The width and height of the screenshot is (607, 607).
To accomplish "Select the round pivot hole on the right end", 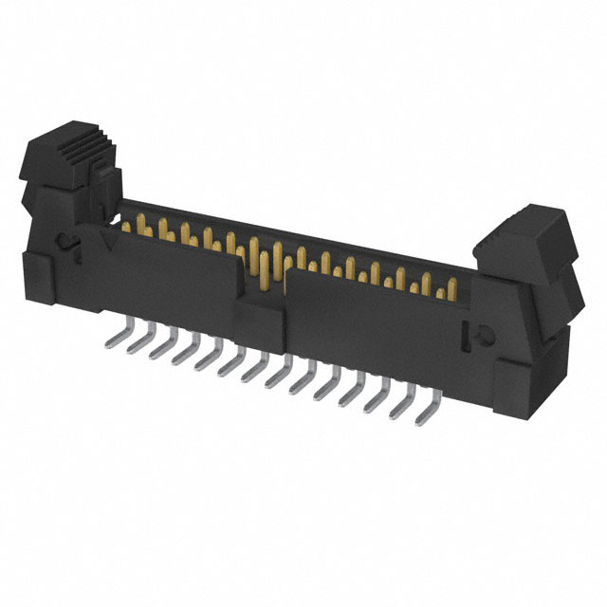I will pos(479,334).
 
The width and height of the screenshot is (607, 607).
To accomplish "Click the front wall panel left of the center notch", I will pos(171,280).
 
